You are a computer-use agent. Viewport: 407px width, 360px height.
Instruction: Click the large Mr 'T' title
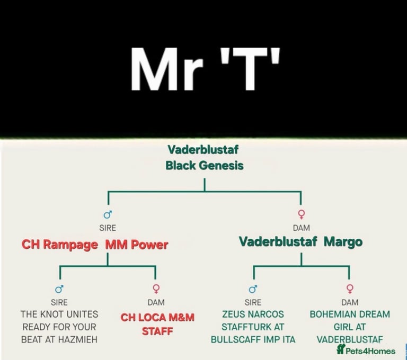(x=205, y=69)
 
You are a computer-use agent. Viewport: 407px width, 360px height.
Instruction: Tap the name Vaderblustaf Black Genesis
(x=205, y=157)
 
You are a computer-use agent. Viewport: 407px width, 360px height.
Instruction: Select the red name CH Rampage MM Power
(x=95, y=245)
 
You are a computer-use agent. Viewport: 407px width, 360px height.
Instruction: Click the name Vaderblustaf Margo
(x=300, y=242)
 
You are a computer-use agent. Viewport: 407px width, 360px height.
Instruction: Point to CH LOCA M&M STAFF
(x=157, y=324)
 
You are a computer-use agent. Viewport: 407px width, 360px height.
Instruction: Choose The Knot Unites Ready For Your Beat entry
(x=59, y=327)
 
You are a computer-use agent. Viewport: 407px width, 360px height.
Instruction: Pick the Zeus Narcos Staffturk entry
(x=253, y=327)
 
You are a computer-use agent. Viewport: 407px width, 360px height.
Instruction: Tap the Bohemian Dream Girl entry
(x=350, y=327)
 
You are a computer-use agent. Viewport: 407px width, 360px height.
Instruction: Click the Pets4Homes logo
(x=366, y=350)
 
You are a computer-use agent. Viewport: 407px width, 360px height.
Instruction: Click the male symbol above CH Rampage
(x=108, y=214)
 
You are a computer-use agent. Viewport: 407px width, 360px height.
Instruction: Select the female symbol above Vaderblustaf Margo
(x=302, y=214)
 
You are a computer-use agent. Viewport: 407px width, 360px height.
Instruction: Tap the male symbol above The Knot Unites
(x=59, y=289)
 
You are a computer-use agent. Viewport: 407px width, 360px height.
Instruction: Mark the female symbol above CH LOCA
(x=156, y=289)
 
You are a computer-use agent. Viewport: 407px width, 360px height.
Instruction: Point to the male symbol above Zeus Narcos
(x=253, y=289)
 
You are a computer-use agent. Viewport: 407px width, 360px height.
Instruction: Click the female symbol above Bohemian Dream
(x=350, y=289)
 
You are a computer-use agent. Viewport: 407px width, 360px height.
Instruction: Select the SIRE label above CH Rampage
(x=108, y=228)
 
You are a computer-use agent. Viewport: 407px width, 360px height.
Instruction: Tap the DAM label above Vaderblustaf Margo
(x=302, y=228)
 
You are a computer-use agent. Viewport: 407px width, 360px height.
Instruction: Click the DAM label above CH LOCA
(x=156, y=302)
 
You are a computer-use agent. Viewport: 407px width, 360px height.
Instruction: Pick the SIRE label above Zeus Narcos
(x=253, y=302)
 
